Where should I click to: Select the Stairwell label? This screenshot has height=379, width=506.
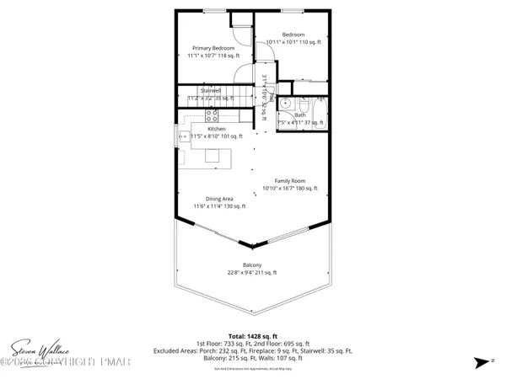pyautogui.click(x=210, y=90)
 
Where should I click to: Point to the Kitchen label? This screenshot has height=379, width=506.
pyautogui.click(x=217, y=128)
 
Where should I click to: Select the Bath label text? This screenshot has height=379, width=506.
pyautogui.click(x=299, y=115)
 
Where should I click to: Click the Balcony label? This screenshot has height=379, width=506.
pyautogui.click(x=251, y=265)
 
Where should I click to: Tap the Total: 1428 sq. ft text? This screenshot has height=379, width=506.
pyautogui.click(x=252, y=336)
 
